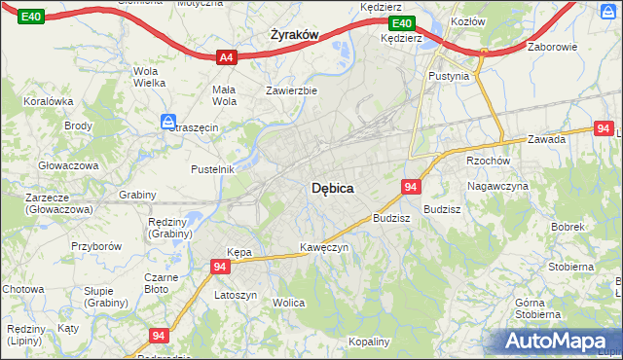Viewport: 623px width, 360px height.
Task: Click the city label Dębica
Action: coord(332,188)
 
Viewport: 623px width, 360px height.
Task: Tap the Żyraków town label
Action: coord(293,35)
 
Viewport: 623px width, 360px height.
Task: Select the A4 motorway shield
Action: coord(226,57)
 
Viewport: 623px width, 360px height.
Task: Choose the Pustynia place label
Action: coord(449,75)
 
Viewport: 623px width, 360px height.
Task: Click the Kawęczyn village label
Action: coord(324,247)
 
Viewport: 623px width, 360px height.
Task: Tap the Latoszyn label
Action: coord(236,295)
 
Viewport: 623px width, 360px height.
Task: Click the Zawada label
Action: coord(547,139)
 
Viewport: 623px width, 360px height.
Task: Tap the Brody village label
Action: coord(78,126)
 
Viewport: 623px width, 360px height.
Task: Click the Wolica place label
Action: coord(289,304)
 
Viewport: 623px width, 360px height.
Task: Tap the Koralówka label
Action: coord(50,100)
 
